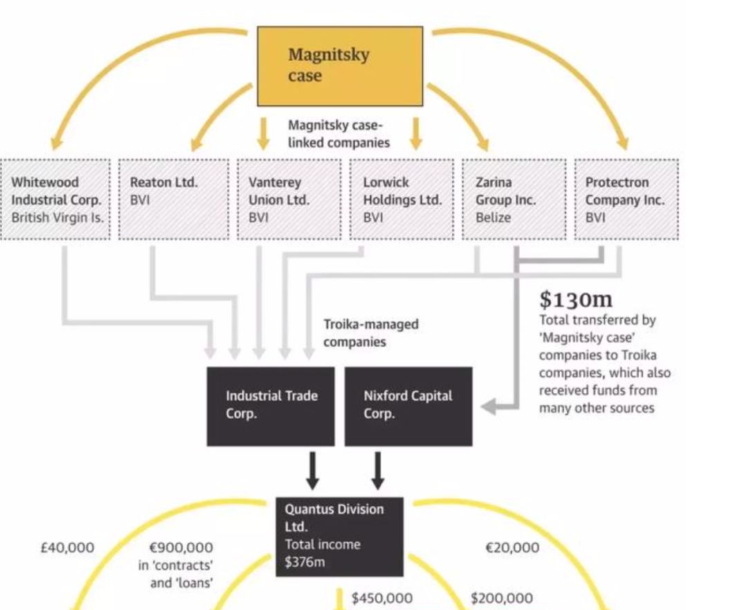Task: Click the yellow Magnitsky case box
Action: click(x=340, y=66)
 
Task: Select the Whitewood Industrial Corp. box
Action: click(x=55, y=199)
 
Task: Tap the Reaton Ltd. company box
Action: click(x=174, y=199)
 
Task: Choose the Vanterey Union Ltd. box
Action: click(x=289, y=199)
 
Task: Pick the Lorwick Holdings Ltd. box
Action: click(x=402, y=199)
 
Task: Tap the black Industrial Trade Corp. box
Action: click(x=270, y=406)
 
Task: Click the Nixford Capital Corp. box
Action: click(x=408, y=406)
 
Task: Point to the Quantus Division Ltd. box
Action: click(x=340, y=536)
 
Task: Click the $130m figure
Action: click(x=575, y=299)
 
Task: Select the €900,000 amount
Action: click(x=181, y=548)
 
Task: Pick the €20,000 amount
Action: click(x=512, y=548)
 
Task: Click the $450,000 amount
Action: click(x=382, y=598)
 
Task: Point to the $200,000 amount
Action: click(x=502, y=598)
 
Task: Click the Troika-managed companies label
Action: click(x=371, y=333)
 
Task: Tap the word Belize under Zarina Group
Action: click(x=493, y=217)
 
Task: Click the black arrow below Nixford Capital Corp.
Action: click(x=377, y=470)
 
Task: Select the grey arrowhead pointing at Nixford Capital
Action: click(x=488, y=407)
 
